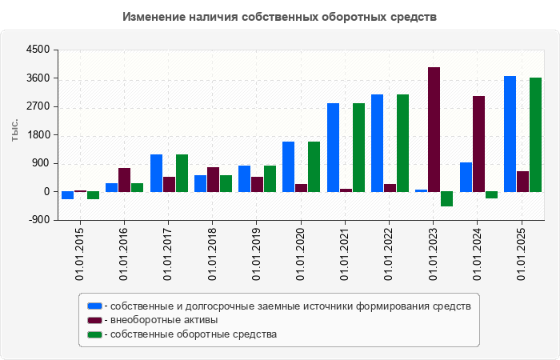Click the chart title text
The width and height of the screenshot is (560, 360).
point(280,17)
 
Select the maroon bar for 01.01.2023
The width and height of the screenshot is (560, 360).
point(434,130)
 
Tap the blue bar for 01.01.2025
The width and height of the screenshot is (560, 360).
point(510,134)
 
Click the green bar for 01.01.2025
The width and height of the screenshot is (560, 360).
point(535,134)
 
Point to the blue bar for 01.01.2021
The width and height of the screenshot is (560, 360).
point(333,147)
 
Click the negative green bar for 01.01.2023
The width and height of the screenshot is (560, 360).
point(446,199)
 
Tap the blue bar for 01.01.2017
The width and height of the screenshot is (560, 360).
point(156,173)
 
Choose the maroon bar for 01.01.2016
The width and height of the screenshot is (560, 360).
point(124,180)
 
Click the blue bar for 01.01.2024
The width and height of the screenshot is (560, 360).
point(466,177)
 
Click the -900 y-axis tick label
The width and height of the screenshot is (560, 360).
point(39,220)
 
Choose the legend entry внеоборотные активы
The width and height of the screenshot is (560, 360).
point(164,320)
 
